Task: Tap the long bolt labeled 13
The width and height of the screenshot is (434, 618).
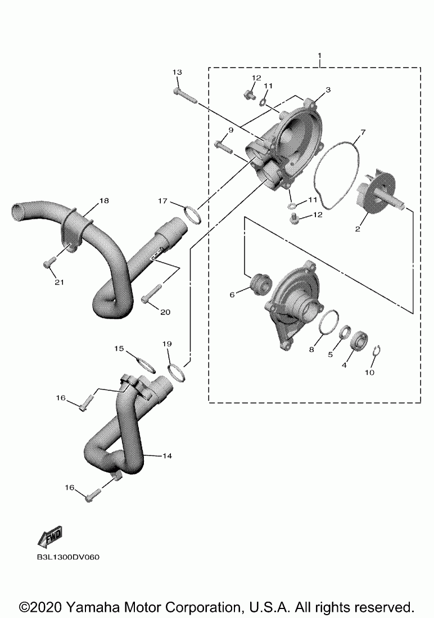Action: tap(185, 95)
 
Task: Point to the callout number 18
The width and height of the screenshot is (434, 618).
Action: tap(104, 201)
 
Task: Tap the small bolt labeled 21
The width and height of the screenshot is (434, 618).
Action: tap(48, 263)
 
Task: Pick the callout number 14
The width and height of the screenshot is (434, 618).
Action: tap(166, 456)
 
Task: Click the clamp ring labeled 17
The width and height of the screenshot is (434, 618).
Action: tap(192, 214)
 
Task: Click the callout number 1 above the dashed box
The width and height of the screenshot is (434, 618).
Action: tap(319, 56)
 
